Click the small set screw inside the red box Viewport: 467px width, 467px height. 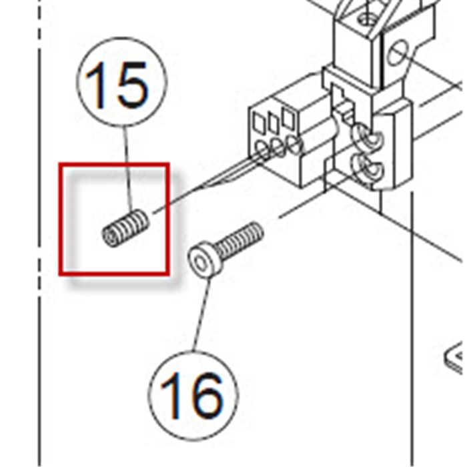(125, 227)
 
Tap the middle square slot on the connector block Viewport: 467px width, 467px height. (274, 122)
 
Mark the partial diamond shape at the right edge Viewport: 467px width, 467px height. (455, 357)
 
